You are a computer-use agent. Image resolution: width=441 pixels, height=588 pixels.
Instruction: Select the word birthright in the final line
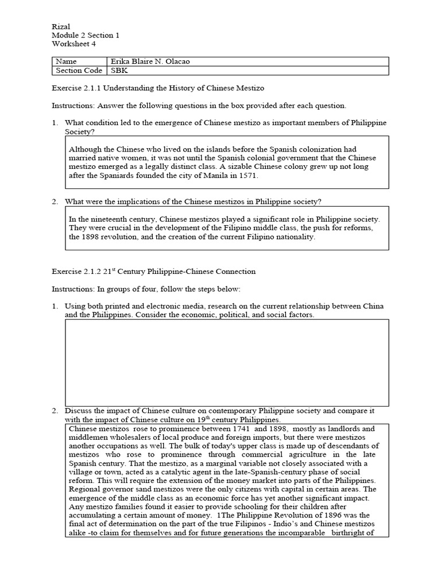[x=348, y=532]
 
